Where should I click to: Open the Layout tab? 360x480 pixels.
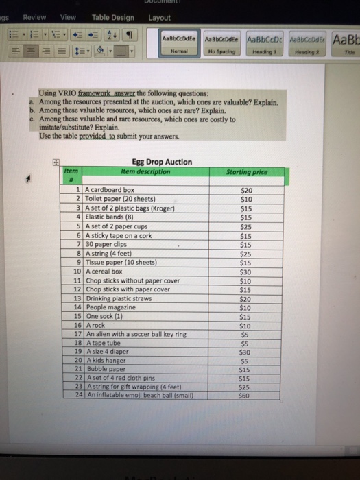[159, 17]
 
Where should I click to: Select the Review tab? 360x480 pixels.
[33, 17]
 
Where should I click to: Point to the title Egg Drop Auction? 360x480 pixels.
[162, 163]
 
